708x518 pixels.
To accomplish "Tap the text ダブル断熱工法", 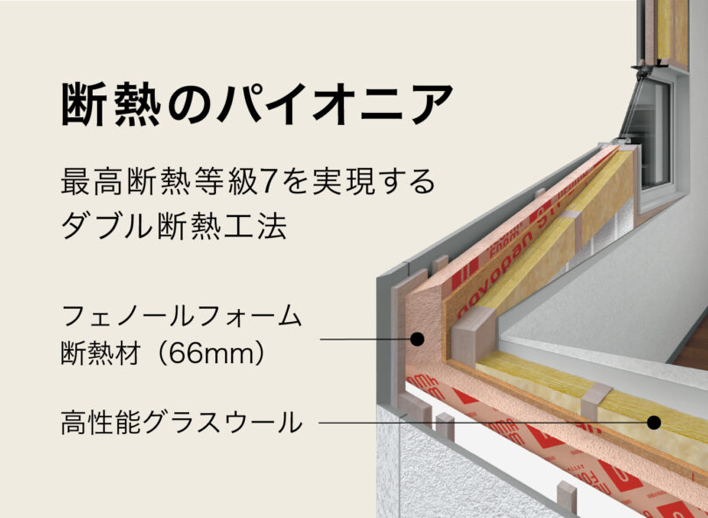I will pyautogui.click(x=173, y=225).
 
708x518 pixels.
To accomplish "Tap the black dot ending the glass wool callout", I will pyautogui.click(x=653, y=423).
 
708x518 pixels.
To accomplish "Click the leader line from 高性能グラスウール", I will pyautogui.click(x=481, y=423).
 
